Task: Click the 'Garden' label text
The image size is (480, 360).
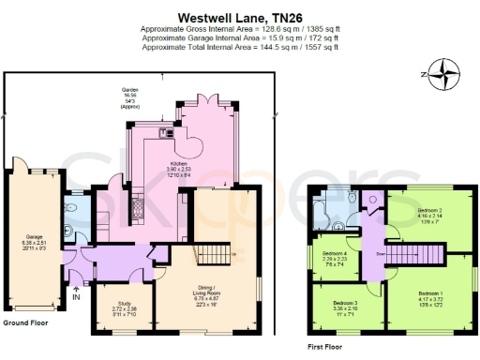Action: point(130,90)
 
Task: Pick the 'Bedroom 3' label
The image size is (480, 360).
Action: point(345,304)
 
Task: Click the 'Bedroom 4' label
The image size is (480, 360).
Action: point(334,254)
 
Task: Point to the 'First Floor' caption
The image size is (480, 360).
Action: point(325,346)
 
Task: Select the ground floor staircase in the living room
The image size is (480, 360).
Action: point(213,255)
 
